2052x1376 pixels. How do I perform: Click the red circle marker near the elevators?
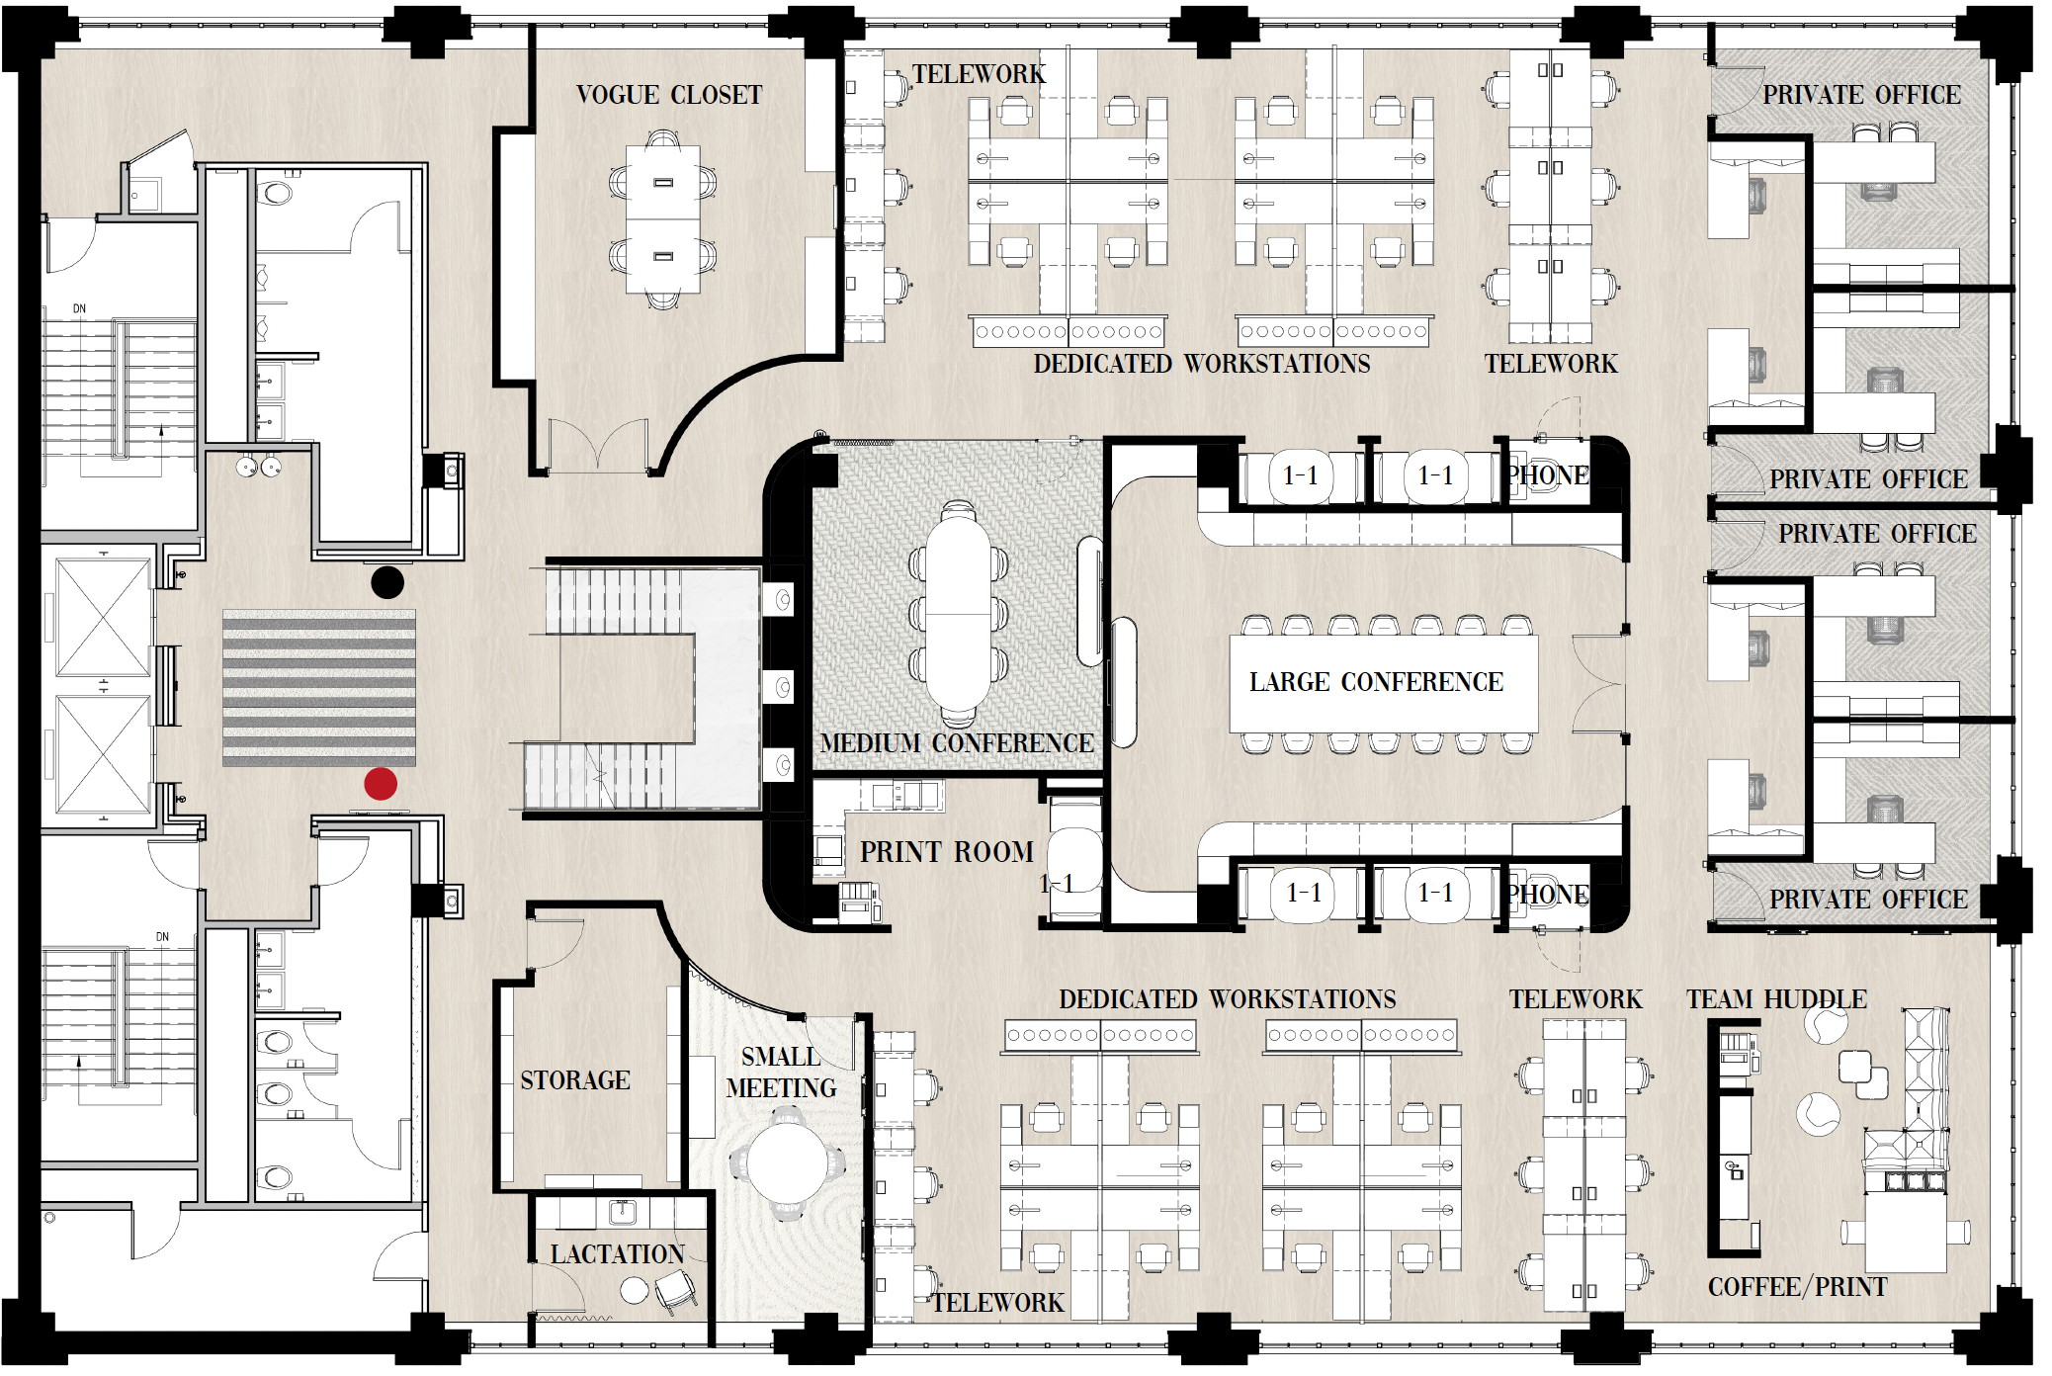click(x=381, y=784)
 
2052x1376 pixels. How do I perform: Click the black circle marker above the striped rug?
click(x=387, y=582)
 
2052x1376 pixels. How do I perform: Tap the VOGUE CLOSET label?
click(x=669, y=96)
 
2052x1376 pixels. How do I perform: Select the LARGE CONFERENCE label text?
click(x=1376, y=683)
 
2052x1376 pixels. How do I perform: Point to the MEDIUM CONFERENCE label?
click(x=957, y=743)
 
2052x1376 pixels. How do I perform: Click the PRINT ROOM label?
click(x=946, y=852)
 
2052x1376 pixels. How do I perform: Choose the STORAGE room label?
click(x=575, y=1080)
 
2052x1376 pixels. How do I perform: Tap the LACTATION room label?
click(x=617, y=1254)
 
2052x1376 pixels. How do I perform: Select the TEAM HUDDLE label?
click(x=1776, y=999)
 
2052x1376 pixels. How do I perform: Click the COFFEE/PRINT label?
click(x=1797, y=1287)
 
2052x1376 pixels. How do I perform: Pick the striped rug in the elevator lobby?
click(x=319, y=688)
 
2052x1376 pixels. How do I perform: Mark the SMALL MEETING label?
click(x=781, y=1073)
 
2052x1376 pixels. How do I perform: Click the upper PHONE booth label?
click(x=1548, y=475)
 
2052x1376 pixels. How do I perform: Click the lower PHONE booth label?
click(x=1548, y=895)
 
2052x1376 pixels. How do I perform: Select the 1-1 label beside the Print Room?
click(x=1057, y=884)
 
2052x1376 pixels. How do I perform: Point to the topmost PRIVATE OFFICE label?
click(x=1861, y=96)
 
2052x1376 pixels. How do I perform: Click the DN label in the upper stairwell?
click(x=79, y=309)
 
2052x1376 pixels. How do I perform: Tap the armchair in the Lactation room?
click(x=676, y=1289)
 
